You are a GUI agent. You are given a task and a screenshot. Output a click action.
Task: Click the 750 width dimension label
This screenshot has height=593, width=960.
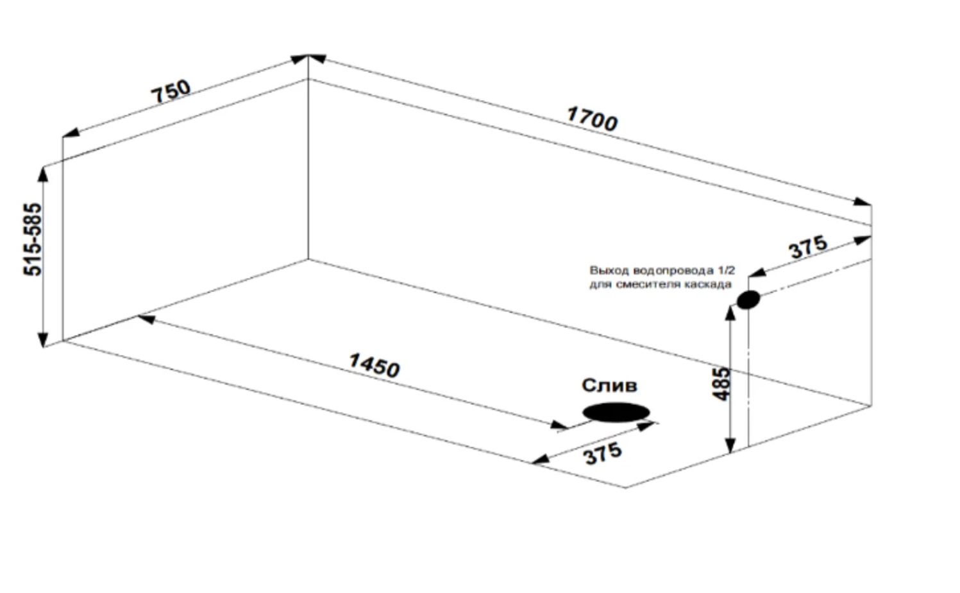tap(171, 91)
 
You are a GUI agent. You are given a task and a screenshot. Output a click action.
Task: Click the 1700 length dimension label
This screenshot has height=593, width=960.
tap(593, 119)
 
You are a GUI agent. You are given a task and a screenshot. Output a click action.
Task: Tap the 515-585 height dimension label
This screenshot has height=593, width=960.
tap(33, 239)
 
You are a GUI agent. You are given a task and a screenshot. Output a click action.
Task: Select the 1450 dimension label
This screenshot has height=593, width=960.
tap(374, 365)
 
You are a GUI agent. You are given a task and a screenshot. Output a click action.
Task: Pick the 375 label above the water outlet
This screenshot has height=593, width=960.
tap(808, 247)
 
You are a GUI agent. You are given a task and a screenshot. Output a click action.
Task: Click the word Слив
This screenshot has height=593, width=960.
tap(609, 385)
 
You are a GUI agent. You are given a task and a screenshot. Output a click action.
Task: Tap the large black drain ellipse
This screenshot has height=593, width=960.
tap(616, 413)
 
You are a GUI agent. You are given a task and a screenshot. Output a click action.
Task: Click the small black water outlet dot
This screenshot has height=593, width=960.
tap(748, 299)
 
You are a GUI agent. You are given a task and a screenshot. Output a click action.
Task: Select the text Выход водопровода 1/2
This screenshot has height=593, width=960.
tap(662, 271)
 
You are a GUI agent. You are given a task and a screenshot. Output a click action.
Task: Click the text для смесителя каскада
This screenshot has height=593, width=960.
tap(661, 284)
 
